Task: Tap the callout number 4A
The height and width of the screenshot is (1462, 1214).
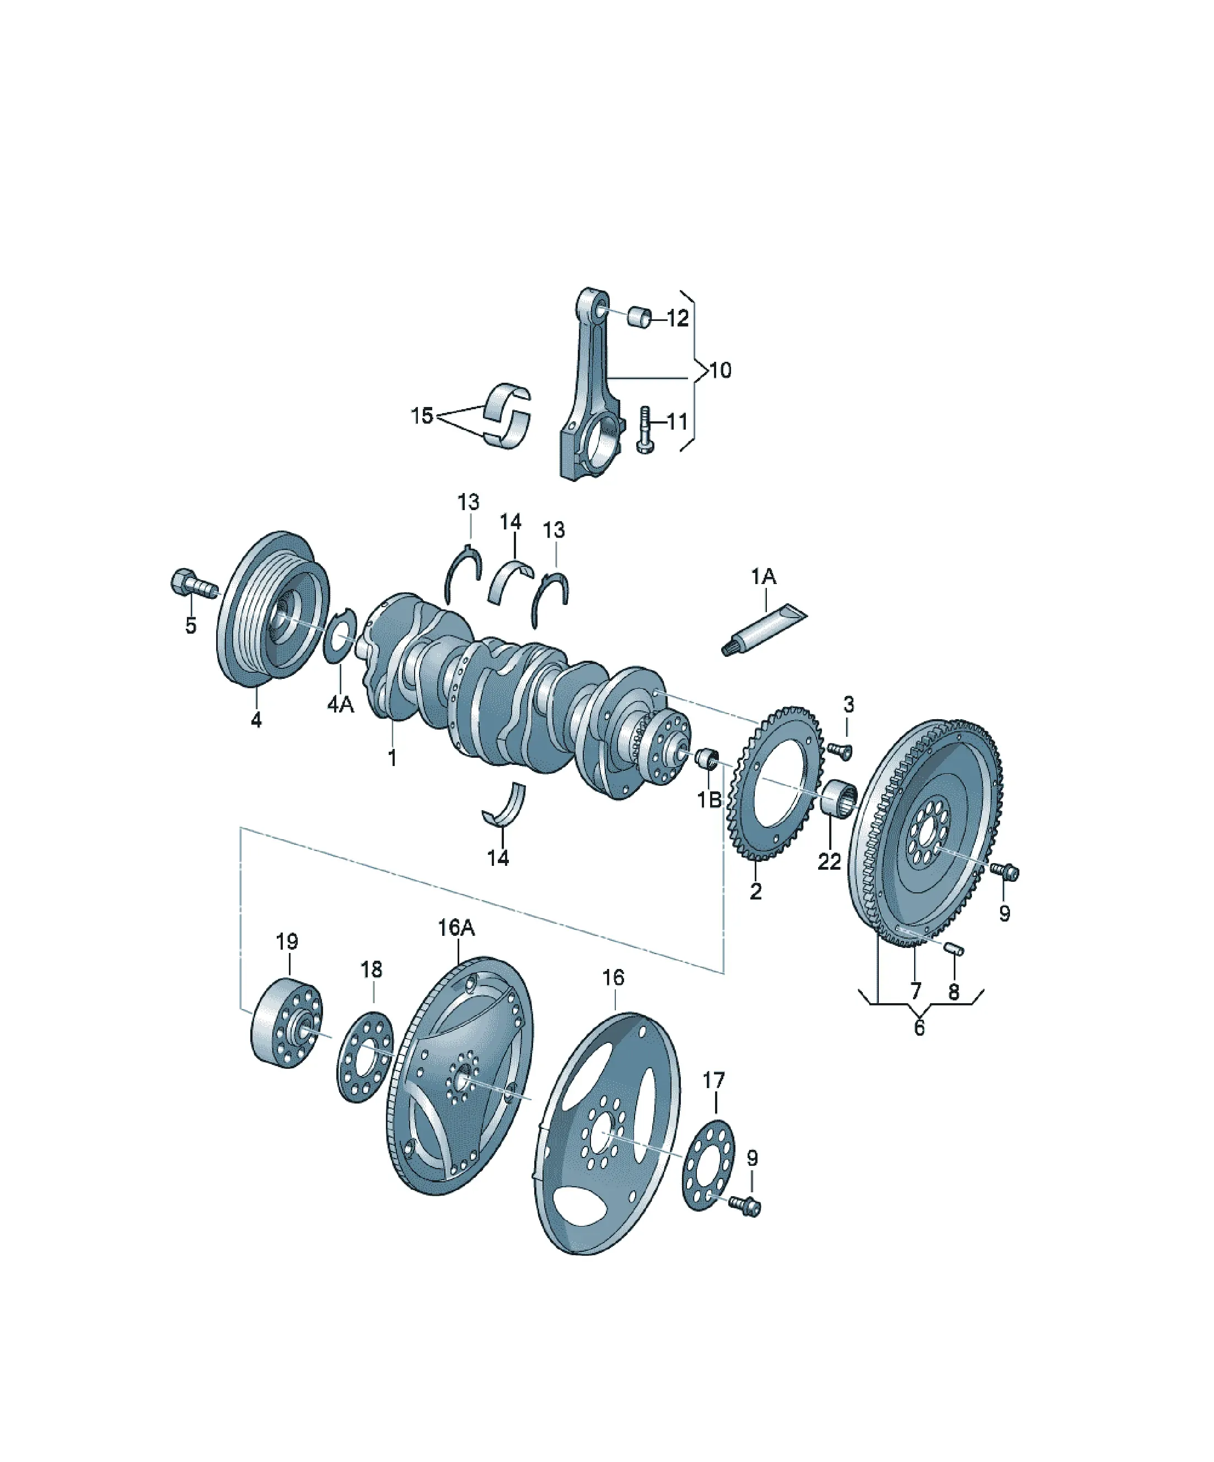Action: pyautogui.click(x=340, y=705)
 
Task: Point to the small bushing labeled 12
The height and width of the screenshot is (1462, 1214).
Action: pyautogui.click(x=639, y=316)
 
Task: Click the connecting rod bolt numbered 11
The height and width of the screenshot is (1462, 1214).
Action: pyautogui.click(x=644, y=430)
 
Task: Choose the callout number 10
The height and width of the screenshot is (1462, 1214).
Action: pyautogui.click(x=720, y=371)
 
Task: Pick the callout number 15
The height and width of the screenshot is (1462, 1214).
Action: pyautogui.click(x=422, y=416)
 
